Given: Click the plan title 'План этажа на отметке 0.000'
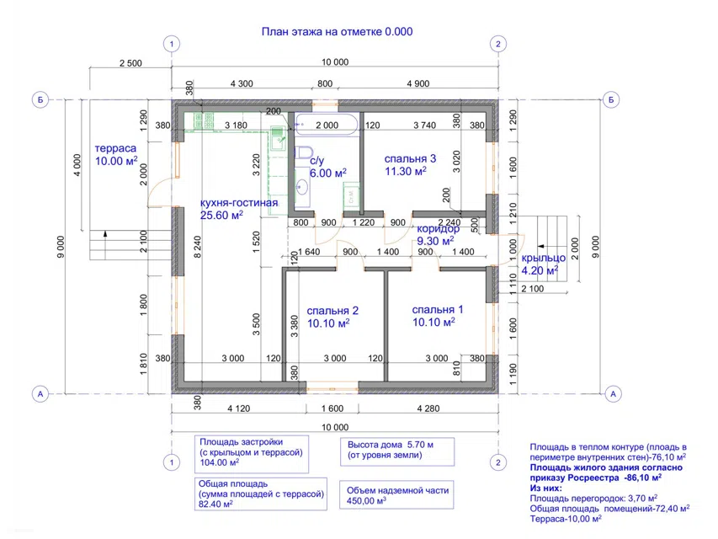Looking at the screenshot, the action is [x=337, y=32].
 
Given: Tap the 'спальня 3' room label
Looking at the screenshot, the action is [x=410, y=159].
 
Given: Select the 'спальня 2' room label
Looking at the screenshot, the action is [x=332, y=311].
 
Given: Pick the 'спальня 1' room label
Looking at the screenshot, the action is [x=438, y=310].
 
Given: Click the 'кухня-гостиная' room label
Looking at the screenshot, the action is [x=239, y=203].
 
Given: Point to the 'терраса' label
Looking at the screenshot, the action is [x=115, y=148].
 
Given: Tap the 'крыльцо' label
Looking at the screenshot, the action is [x=544, y=258].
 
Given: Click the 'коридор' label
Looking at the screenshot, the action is [x=439, y=229].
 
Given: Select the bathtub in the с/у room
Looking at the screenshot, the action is [x=326, y=125].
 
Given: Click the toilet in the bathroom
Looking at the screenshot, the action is [x=303, y=152].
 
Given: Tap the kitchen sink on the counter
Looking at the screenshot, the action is [x=277, y=137].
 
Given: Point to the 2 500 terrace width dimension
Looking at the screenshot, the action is [x=130, y=63].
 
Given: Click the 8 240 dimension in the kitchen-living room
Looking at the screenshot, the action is [x=197, y=247].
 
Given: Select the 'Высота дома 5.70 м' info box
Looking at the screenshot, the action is [x=397, y=451].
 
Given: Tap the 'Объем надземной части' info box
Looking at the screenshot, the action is [x=397, y=494].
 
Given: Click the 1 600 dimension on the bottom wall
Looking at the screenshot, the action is [x=332, y=408].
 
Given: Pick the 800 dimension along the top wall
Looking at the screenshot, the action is [x=325, y=83].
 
